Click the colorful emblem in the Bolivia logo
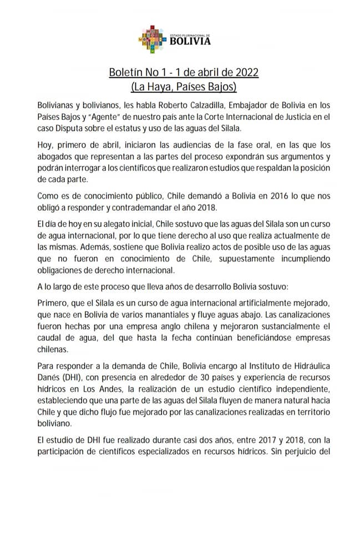[152, 37]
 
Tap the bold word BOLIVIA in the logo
[190, 41]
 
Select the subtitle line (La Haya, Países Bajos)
[184, 87]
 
